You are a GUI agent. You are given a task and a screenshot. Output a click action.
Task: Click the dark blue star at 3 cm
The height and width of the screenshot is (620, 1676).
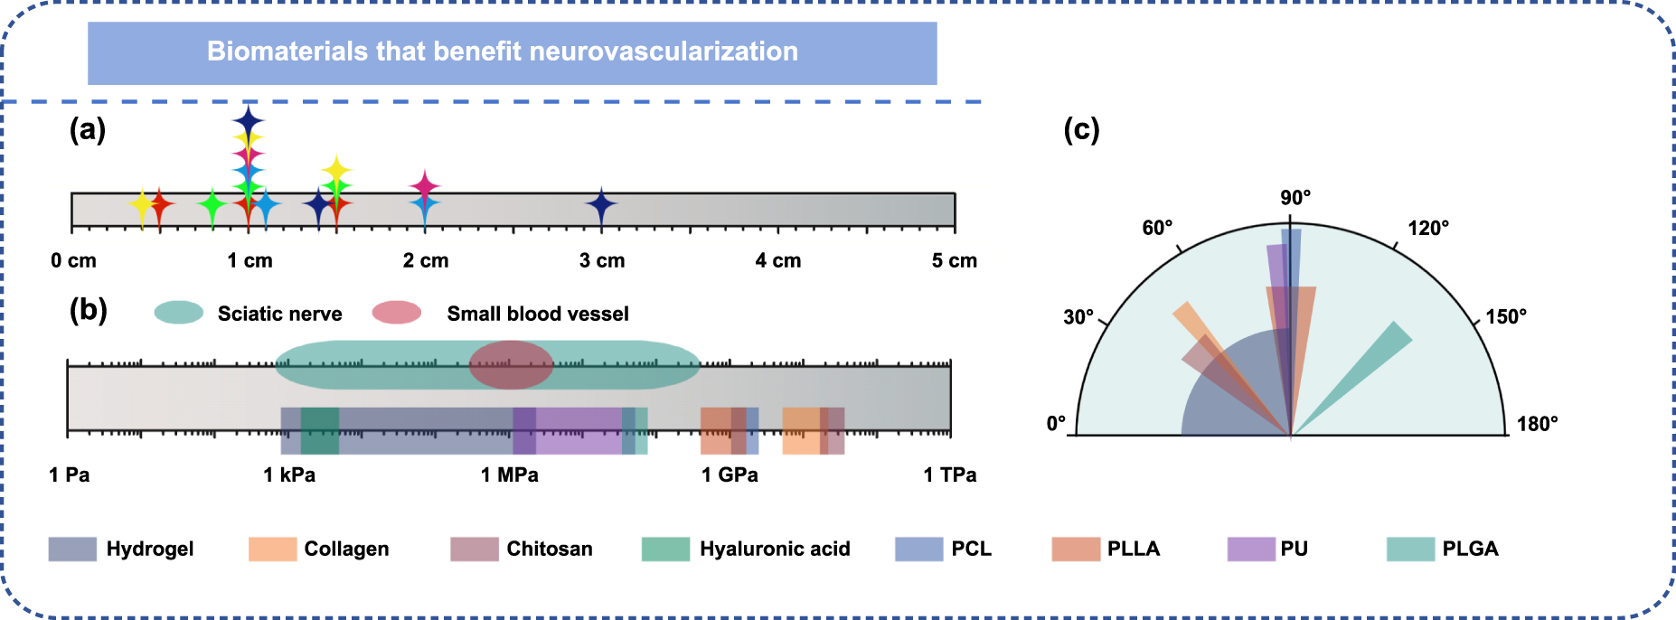601,205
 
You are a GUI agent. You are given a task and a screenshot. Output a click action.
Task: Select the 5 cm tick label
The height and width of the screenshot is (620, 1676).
954,261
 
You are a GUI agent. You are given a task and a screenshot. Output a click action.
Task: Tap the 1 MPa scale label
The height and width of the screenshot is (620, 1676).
509,475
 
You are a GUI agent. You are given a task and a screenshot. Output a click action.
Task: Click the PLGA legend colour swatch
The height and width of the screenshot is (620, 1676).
1410,549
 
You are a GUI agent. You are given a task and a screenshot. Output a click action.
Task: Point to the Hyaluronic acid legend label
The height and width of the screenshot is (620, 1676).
775,549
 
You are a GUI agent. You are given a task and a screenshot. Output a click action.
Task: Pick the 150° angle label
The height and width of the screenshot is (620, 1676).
1506,317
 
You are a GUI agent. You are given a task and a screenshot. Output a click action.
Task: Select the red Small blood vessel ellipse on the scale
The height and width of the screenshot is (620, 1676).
511,365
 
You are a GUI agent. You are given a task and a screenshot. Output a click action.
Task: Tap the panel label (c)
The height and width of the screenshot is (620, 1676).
1081,130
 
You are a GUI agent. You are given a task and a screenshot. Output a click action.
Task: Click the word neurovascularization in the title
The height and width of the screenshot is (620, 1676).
664,52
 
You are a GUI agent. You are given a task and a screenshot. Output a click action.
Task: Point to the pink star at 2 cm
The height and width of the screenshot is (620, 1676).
424,185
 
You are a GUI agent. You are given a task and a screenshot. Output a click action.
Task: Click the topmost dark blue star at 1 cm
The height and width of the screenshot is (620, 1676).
248,119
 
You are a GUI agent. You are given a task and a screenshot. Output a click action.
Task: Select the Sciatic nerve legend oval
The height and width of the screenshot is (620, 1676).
179,313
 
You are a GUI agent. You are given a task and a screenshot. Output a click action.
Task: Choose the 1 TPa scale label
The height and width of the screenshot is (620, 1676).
949,475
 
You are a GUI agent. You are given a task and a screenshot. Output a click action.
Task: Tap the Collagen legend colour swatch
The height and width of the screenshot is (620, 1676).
272,549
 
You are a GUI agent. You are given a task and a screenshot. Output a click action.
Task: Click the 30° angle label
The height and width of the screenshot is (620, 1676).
1078,317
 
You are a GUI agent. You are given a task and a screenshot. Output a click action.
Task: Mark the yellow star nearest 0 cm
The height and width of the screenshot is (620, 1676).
142,207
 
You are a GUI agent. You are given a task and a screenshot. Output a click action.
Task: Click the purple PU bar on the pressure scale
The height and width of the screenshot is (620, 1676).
579,430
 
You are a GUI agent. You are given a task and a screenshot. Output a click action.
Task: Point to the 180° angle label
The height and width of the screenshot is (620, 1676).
1537,424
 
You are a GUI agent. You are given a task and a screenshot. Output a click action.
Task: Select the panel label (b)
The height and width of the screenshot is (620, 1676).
89,310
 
